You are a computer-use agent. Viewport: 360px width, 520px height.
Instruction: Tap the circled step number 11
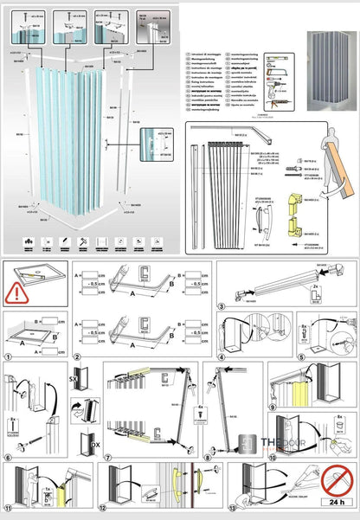coord(8,511)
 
